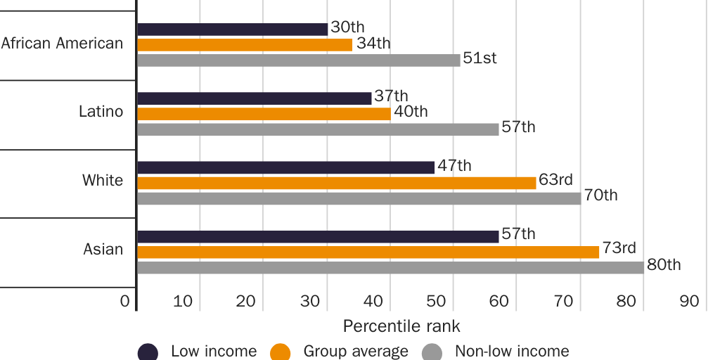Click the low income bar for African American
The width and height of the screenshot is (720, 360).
[x=232, y=29]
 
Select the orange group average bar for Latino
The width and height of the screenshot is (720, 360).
[x=264, y=113]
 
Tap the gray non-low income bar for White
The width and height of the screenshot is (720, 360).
[x=359, y=198]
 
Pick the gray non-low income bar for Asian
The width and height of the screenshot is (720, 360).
[x=390, y=267]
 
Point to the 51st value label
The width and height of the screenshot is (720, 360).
[x=480, y=58]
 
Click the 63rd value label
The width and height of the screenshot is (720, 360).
[x=555, y=180]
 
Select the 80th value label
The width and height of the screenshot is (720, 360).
[x=664, y=265]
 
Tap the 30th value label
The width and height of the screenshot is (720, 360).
[x=347, y=27]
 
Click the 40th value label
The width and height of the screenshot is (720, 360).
[x=410, y=111]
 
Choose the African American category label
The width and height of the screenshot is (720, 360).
[x=62, y=44]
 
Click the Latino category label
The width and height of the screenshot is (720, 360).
[x=101, y=112]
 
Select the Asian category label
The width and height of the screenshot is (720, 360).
[x=103, y=250]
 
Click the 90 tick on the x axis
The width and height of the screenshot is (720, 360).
[x=689, y=302]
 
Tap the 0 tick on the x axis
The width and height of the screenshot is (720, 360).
[x=125, y=302]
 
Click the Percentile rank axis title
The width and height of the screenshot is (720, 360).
[x=401, y=327]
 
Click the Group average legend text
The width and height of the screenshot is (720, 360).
[x=355, y=351]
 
